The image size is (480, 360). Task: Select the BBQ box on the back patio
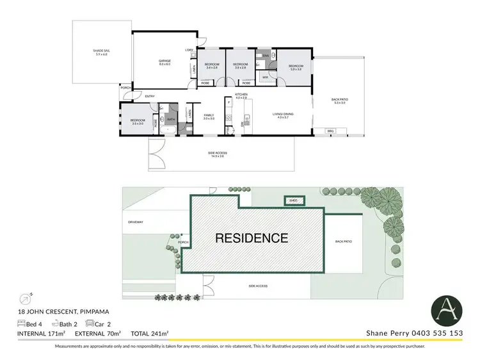330,131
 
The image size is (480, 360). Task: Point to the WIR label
265,78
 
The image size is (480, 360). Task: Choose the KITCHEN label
241,96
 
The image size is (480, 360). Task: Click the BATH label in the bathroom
171,119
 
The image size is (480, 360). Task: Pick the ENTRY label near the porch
150,97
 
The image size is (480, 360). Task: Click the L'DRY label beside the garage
189,50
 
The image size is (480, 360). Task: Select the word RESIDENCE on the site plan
251,238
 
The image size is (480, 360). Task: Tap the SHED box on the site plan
294,200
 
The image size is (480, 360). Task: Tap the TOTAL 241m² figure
149,333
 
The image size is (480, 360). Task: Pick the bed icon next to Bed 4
22,323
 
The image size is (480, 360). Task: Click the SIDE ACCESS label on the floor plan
218,153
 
